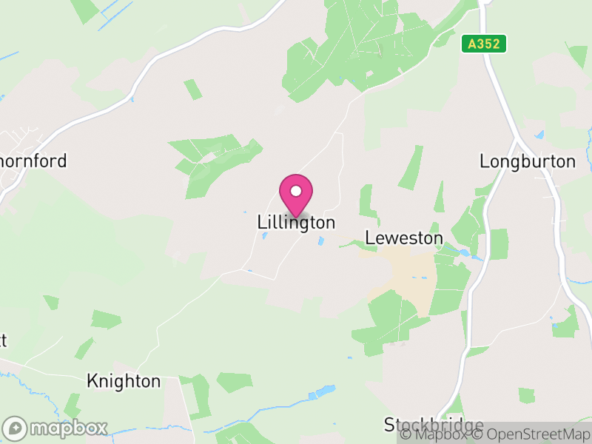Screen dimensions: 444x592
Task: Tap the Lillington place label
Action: click(x=296, y=222)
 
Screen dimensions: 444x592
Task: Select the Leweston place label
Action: click(x=404, y=238)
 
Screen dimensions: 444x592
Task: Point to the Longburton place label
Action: click(x=527, y=161)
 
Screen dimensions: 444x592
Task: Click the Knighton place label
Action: click(x=124, y=381)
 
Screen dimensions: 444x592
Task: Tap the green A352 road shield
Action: click(x=485, y=44)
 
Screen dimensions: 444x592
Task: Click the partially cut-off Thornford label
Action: click(x=33, y=161)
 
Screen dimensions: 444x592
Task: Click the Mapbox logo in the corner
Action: click(x=56, y=428)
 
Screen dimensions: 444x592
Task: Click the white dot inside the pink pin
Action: click(x=296, y=191)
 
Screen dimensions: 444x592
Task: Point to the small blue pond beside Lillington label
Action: click(x=320, y=240)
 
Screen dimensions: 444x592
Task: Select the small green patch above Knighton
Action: click(x=106, y=319)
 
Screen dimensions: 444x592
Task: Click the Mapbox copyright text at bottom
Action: click(x=435, y=434)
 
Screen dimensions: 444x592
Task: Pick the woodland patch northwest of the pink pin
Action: click(x=215, y=163)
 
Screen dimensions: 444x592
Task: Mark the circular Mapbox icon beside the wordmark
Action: click(x=16, y=428)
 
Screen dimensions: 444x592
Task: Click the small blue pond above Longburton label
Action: click(x=539, y=135)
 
